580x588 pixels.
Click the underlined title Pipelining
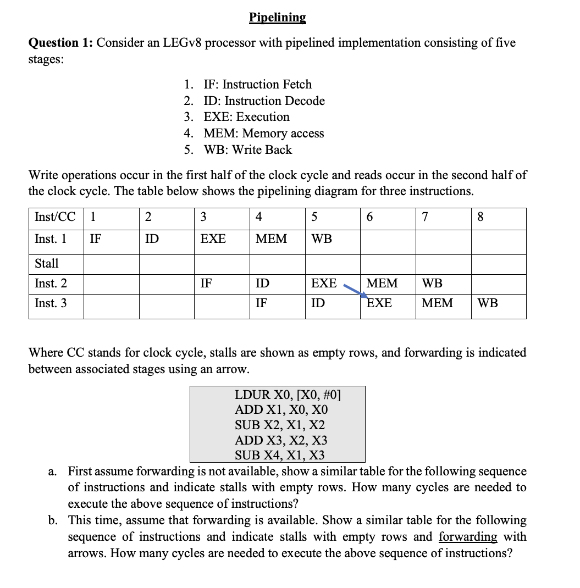(x=277, y=17)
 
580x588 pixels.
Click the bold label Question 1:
(x=61, y=43)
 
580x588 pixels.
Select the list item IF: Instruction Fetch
(x=257, y=84)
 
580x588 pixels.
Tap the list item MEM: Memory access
(x=263, y=133)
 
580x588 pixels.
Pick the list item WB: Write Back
(x=247, y=149)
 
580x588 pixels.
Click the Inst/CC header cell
(x=55, y=217)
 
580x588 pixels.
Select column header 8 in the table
(x=480, y=217)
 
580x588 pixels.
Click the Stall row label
(x=47, y=263)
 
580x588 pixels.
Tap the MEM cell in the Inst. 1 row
(x=272, y=239)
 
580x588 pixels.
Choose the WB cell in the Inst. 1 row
(x=322, y=239)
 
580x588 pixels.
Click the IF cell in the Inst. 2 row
(x=206, y=284)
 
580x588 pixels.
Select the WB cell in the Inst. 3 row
(x=488, y=303)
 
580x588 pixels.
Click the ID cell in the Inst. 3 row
(x=318, y=303)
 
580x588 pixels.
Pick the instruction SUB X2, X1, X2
(x=279, y=425)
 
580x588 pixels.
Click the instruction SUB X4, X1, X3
(x=279, y=455)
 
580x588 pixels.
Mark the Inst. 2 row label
(x=51, y=284)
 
